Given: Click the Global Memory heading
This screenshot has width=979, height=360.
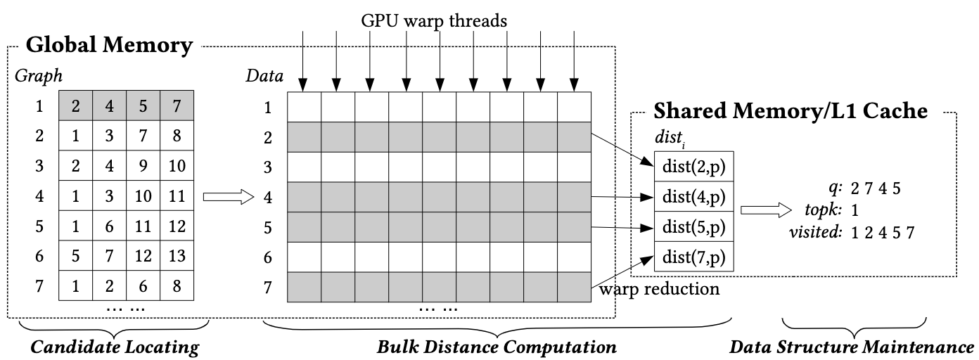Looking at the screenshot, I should coord(109,47).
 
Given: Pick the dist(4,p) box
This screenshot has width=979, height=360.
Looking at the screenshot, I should coord(693,197).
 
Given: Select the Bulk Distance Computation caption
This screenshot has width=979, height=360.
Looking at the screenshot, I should coord(497,347).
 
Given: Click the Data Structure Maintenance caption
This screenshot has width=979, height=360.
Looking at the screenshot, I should coord(852,347).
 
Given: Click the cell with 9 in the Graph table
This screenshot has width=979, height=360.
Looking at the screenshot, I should coord(143,167).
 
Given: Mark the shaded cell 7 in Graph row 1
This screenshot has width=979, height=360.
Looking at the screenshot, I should coord(177,106).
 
